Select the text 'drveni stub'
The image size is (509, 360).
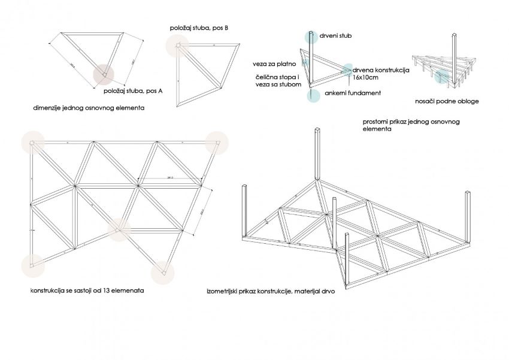click(x=336, y=37)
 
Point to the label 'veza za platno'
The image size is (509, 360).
click(x=274, y=63)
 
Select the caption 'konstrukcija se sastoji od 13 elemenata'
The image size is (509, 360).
click(x=87, y=291)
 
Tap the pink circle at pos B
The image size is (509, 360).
click(x=177, y=46)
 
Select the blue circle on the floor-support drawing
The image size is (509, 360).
click(x=442, y=77)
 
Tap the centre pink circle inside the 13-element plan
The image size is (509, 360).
click(x=120, y=228)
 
